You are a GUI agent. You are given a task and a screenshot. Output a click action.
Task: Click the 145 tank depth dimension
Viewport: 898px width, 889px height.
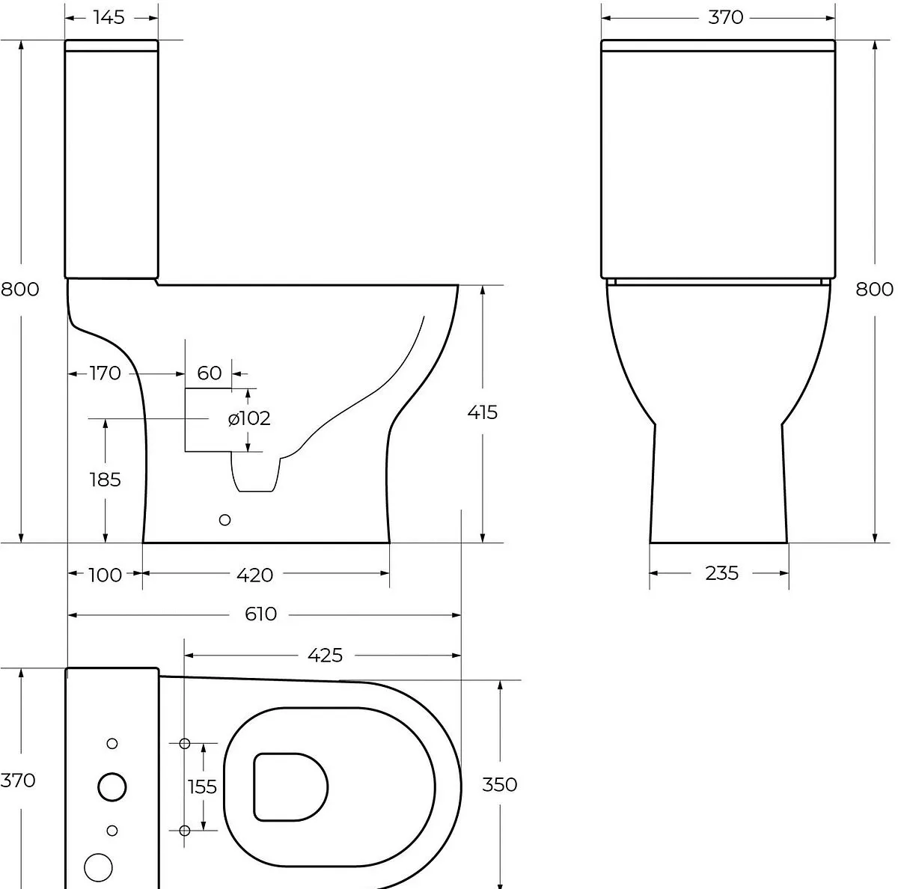point(109,18)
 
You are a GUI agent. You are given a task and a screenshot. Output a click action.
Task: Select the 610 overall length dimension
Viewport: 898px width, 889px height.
point(260,614)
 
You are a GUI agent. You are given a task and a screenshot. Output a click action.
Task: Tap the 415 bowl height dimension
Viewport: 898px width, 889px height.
point(483,412)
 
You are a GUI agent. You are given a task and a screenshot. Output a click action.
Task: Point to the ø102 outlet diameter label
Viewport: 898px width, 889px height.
point(249,418)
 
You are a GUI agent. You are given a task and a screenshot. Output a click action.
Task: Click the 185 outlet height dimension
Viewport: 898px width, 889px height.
point(106,479)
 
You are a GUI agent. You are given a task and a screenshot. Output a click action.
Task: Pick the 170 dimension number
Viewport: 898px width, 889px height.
point(106,373)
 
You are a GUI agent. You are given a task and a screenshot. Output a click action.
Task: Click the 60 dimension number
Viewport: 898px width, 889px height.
point(210,373)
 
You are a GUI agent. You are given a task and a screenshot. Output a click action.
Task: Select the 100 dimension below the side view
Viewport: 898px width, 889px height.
point(106,575)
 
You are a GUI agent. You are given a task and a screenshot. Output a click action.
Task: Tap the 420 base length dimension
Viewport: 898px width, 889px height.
point(255,575)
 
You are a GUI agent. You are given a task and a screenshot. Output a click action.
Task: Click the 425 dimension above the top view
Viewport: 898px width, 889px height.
point(326,656)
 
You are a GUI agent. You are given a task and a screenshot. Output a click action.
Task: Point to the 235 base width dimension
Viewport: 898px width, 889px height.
point(722,573)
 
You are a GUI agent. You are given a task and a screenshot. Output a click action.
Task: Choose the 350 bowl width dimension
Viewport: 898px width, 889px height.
point(500,784)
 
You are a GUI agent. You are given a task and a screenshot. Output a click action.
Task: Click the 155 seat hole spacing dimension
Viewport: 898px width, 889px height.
point(202,787)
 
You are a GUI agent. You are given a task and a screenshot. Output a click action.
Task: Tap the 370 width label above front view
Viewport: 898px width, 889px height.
point(726,18)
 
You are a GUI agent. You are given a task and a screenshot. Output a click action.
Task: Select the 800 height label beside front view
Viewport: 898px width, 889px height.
point(875,290)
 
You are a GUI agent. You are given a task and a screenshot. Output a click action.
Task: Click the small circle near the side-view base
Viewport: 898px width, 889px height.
point(224,520)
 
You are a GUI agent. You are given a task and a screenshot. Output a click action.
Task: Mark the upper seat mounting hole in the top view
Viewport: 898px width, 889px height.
point(185,744)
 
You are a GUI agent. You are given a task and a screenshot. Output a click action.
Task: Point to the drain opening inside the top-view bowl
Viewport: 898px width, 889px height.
point(291,787)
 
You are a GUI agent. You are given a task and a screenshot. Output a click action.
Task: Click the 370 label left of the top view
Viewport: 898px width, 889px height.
point(18,780)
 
